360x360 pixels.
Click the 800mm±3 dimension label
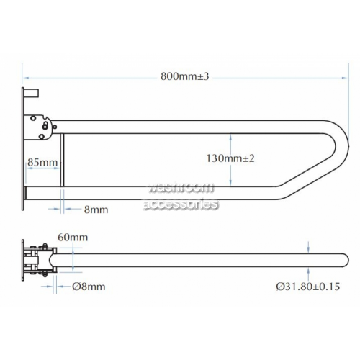pyautogui.click(x=185, y=76)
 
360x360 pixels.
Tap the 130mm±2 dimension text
pyautogui.click(x=230, y=158)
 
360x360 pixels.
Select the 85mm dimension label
pyautogui.click(x=42, y=162)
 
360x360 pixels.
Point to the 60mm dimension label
pyautogui.click(x=73, y=238)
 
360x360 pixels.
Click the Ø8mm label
pyautogui.click(x=89, y=287)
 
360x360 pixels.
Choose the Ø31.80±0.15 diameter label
pyautogui.click(x=308, y=287)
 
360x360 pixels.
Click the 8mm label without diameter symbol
pyautogui.click(x=96, y=210)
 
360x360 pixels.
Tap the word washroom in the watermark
pyautogui.click(x=181, y=187)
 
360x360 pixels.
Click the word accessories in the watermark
pyautogui.click(x=181, y=204)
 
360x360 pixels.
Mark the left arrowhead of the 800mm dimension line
pyautogui.click(x=25, y=78)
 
